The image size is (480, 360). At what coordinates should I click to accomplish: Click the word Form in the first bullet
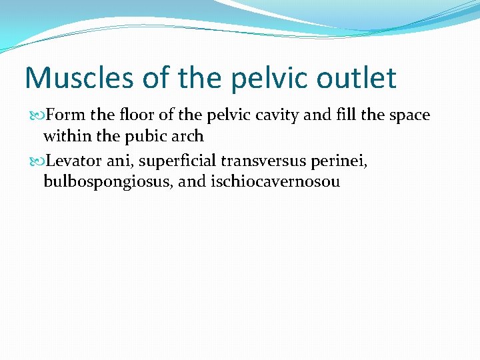pos(61,115)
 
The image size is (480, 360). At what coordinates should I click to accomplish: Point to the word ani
pos(119,161)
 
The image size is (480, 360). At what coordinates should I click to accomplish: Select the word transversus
pos(260,161)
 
